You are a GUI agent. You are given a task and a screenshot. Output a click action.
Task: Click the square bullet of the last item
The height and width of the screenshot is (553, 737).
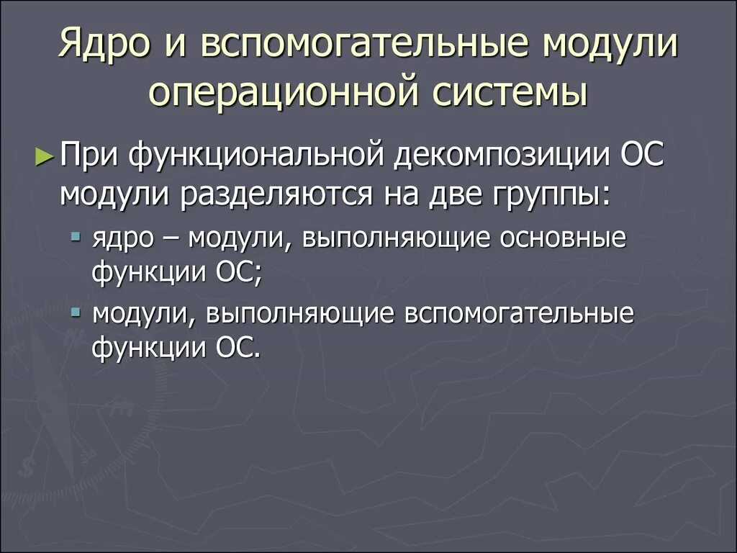click(x=77, y=313)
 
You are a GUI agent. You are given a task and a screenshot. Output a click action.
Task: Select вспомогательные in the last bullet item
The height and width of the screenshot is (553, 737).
click(x=519, y=315)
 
